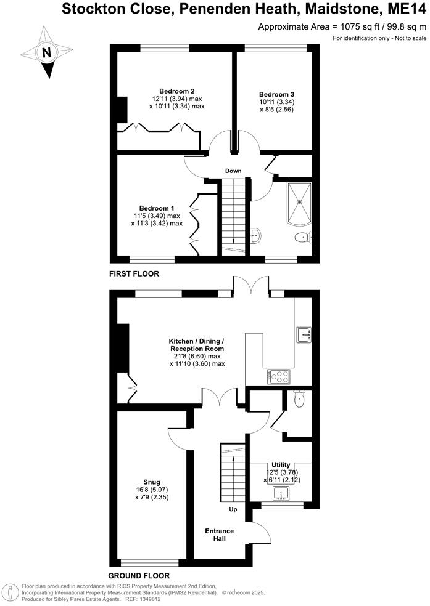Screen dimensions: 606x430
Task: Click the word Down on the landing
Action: click(x=233, y=171)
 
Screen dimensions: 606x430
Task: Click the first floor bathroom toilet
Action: click(x=303, y=238)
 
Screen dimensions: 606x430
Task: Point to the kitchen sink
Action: click(x=304, y=334)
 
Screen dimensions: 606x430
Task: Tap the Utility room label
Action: click(x=281, y=464)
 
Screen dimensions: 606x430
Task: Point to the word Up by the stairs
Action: click(x=233, y=510)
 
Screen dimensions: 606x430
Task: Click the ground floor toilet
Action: click(x=300, y=400)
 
